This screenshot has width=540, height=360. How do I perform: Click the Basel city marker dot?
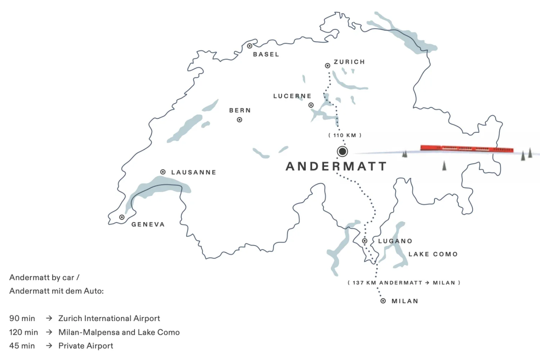click(249, 46)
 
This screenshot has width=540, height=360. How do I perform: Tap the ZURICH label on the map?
click(349, 62)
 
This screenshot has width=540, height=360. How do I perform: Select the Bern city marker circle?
click(239, 120)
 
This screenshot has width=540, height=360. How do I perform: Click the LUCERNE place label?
click(292, 96)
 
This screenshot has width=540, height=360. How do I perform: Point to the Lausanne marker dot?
click(163, 172)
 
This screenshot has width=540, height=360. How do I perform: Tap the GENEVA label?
click(148, 224)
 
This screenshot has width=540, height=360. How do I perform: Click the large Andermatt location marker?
click(342, 152)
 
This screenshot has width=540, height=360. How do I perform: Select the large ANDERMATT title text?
click(336, 166)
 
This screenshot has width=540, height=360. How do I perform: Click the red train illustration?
click(467, 149)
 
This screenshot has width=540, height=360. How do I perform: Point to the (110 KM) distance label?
click(345, 135)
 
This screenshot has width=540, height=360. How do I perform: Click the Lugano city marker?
click(365, 241)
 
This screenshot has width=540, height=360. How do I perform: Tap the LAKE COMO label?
click(433, 254)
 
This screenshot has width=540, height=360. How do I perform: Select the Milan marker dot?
click(383, 301)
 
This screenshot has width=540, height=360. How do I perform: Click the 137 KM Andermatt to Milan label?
click(404, 283)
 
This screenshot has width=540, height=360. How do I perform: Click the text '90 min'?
click(22, 318)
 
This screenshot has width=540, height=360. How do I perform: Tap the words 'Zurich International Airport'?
click(109, 318)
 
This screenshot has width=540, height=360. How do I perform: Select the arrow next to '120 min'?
click(49, 332)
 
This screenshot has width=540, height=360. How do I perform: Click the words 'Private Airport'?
click(86, 346)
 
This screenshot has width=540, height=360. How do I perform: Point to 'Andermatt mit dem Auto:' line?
click(57, 291)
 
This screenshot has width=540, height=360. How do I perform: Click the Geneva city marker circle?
click(122, 217)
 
